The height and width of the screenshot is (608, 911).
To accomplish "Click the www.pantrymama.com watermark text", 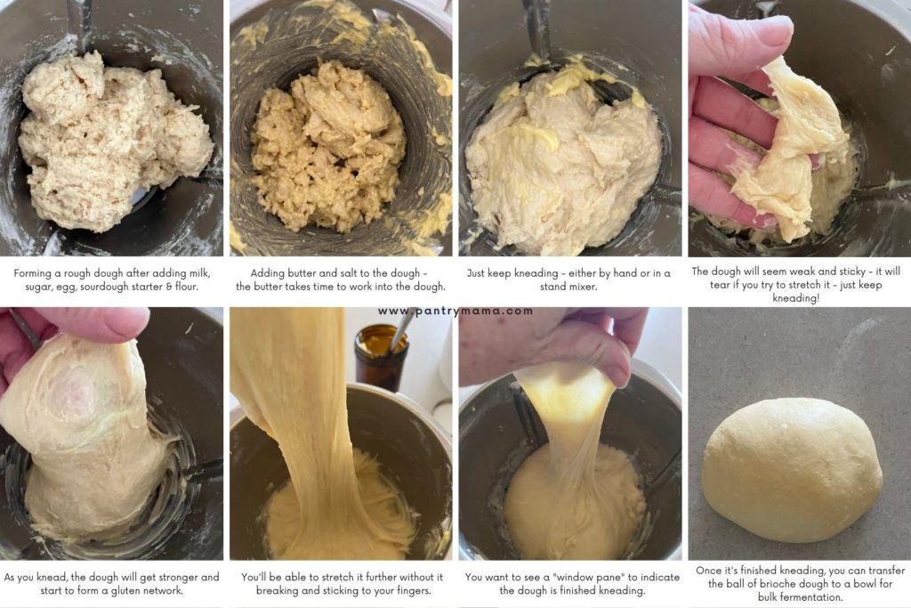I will click(455, 311).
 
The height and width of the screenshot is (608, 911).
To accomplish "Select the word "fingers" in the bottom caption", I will click(402, 590).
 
